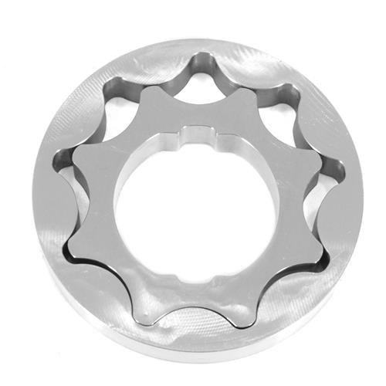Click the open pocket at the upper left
pyautogui.click(x=116, y=127)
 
